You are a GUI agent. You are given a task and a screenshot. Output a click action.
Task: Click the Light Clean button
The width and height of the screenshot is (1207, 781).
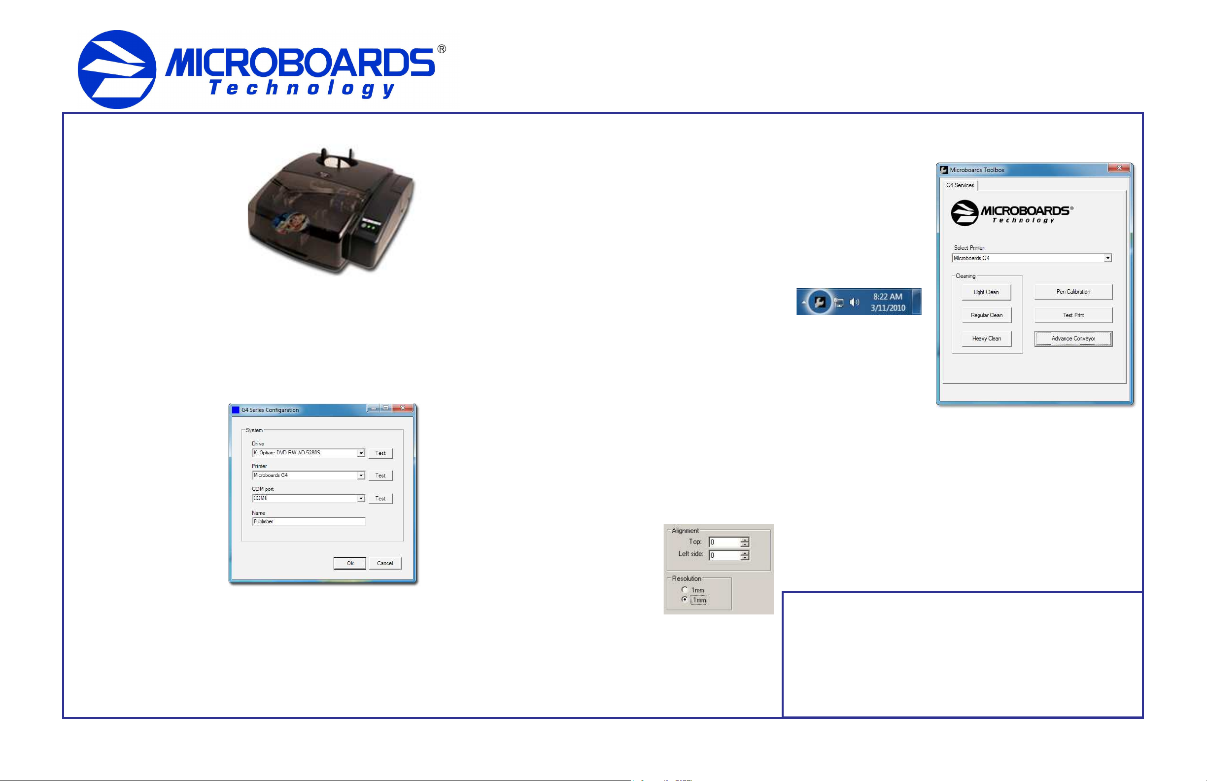(986, 292)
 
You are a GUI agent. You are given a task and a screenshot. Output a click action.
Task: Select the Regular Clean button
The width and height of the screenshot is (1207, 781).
(986, 315)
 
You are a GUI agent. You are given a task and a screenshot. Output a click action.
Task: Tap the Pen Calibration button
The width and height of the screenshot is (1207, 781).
(1073, 292)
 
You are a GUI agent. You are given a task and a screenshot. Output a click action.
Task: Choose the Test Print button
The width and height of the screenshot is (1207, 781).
(1073, 315)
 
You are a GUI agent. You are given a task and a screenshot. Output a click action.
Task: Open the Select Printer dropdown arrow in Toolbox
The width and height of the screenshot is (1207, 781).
(1107, 259)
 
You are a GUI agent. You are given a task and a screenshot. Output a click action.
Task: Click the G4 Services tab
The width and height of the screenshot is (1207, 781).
(960, 186)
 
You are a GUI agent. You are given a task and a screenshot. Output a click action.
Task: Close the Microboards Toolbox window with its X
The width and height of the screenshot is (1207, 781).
(1119, 169)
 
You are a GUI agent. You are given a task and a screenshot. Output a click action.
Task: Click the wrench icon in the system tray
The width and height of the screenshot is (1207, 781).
(820, 303)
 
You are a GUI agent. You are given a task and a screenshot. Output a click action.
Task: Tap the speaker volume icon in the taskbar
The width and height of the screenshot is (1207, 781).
(855, 303)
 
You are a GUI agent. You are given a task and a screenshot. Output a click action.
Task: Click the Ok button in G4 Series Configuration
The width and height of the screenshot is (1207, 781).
(350, 563)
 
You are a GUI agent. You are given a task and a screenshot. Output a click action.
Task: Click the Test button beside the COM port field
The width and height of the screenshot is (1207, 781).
(380, 499)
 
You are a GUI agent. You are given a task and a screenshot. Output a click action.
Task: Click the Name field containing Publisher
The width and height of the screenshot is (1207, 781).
(309, 522)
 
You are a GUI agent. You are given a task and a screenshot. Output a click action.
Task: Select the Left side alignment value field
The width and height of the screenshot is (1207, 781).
(724, 556)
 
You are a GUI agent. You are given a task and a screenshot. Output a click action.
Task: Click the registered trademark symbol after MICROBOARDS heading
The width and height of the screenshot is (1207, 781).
(442, 49)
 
